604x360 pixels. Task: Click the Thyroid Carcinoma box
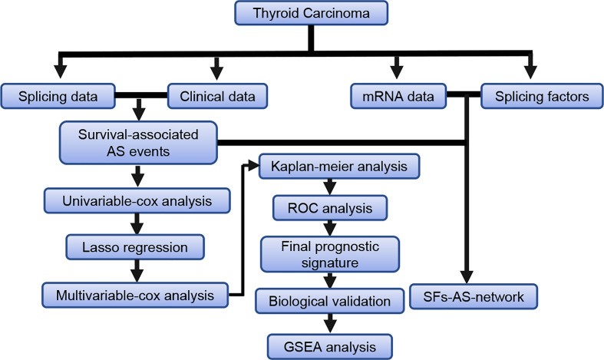[x=310, y=14]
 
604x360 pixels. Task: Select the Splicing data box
[x=59, y=97]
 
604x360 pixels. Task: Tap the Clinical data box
[x=217, y=97]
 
